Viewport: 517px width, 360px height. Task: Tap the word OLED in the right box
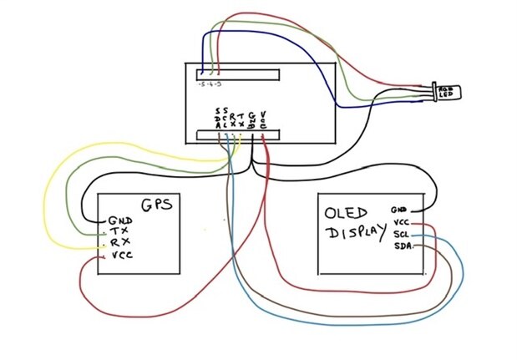tap(344, 212)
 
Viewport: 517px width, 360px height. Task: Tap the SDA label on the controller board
tap(218, 118)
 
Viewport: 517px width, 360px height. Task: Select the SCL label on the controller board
tap(226, 118)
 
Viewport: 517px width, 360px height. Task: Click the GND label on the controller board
tap(252, 118)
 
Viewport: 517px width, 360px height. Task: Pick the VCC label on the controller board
tap(264, 118)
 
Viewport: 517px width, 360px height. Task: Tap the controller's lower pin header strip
tap(238, 136)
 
